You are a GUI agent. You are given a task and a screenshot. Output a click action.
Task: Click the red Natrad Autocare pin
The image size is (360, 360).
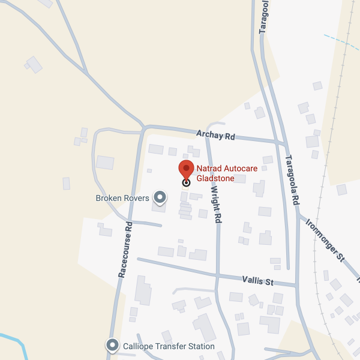(x=186, y=169)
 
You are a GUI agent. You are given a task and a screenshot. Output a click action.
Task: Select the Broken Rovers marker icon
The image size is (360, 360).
(x=160, y=197)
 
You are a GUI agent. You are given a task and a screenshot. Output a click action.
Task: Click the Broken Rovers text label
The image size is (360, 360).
(x=122, y=198)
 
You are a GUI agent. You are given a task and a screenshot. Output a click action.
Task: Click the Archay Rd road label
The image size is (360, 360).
(x=215, y=136)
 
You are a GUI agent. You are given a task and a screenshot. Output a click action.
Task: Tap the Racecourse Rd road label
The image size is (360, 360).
(x=126, y=248)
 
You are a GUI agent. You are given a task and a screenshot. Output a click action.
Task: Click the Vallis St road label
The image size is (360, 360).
(x=257, y=280)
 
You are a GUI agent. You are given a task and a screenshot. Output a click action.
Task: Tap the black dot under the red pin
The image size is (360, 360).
(x=186, y=182)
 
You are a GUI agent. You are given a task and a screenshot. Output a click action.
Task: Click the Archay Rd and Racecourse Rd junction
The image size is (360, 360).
(x=144, y=128)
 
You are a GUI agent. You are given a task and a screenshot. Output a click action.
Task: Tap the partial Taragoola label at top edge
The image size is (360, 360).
(x=265, y=15)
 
